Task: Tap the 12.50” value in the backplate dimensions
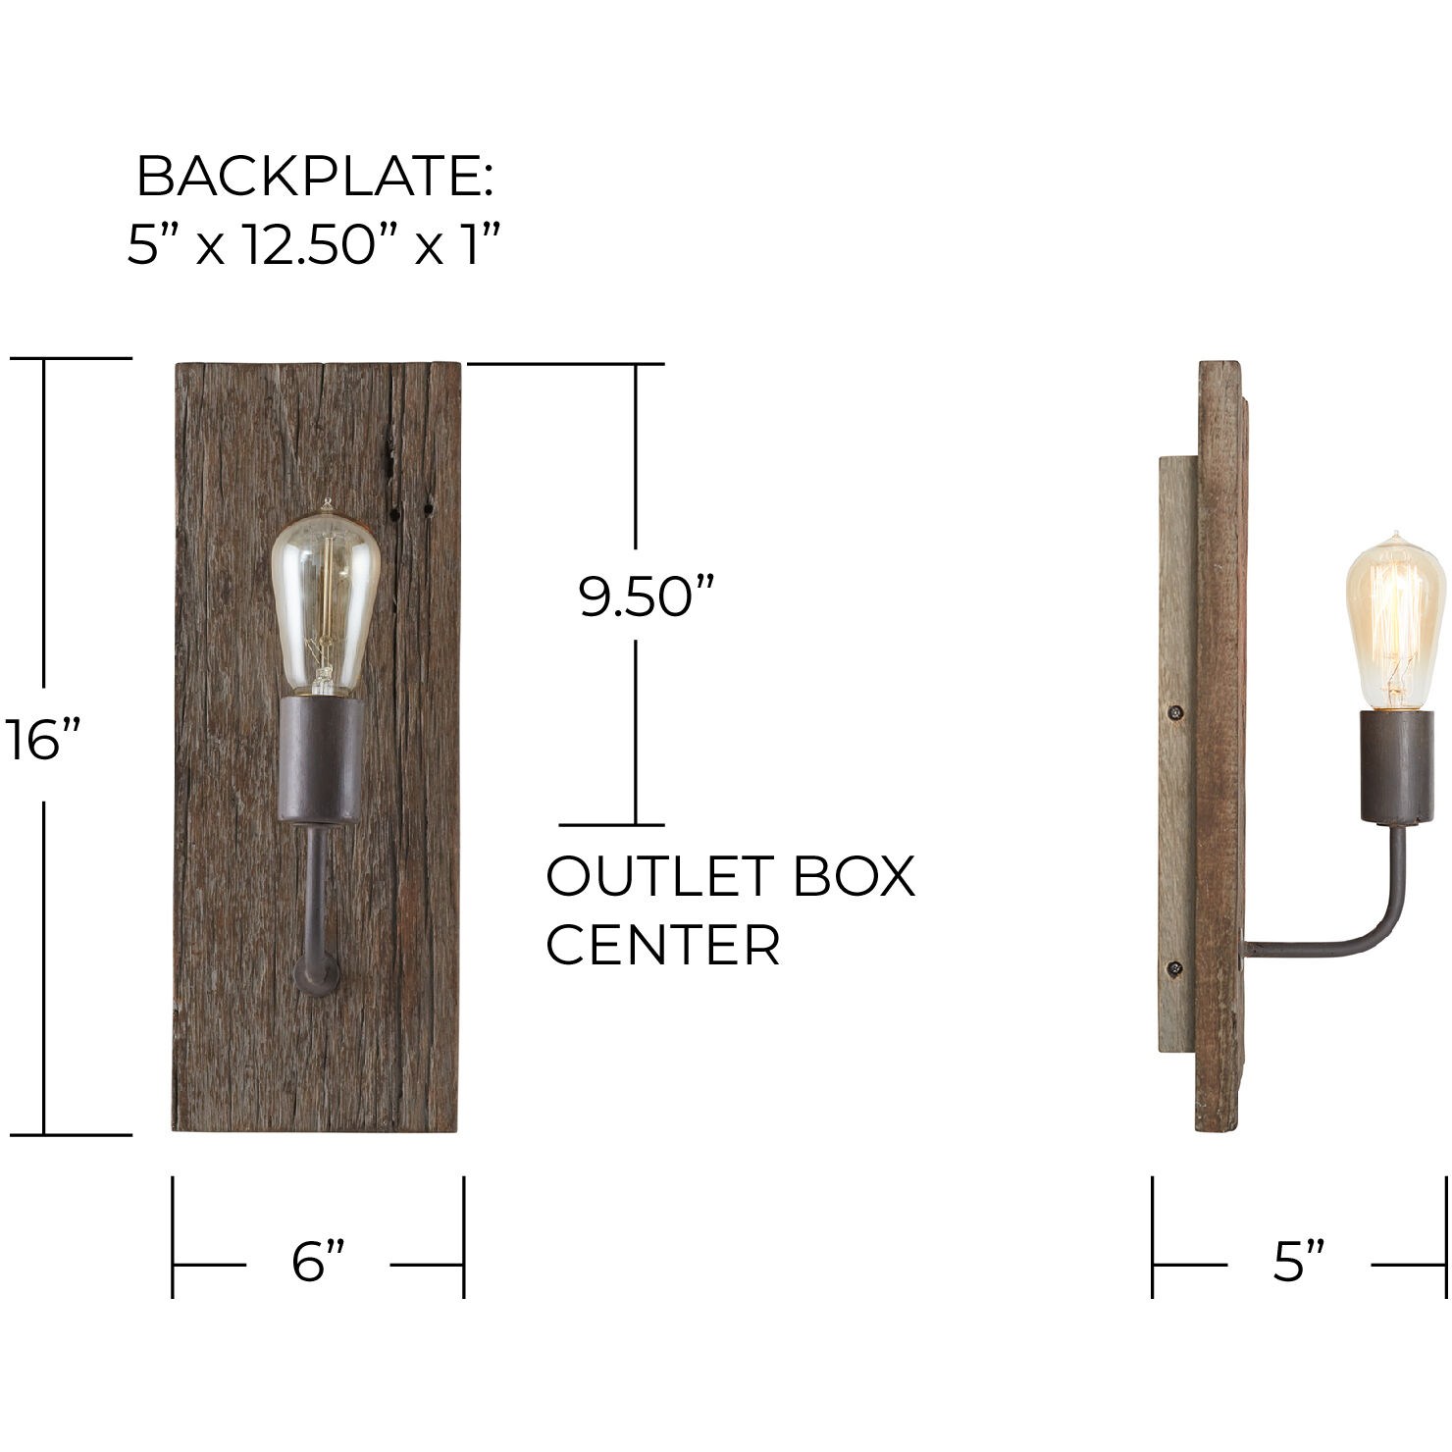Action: coord(310,244)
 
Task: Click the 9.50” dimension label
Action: coord(646,596)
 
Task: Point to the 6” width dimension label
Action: coord(319,1262)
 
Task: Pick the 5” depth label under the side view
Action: coord(1299,1262)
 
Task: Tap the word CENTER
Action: coord(662,946)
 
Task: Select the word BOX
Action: coord(854,876)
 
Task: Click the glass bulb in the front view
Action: coord(325,598)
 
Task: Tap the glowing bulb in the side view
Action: coord(1395,623)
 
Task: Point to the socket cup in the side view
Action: coord(1396,766)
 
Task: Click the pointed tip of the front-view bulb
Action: coord(327,505)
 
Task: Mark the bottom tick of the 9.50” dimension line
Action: coord(612,825)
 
